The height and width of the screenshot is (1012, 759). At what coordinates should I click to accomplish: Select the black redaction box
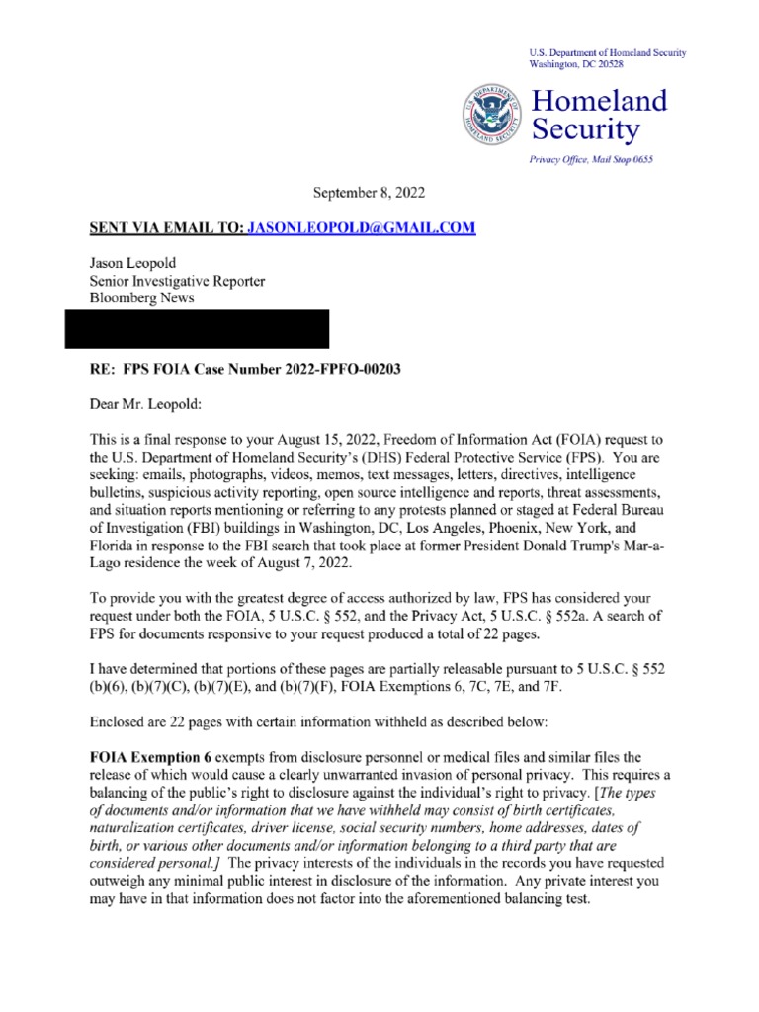197,328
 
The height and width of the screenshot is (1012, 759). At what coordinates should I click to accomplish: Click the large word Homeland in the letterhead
600,100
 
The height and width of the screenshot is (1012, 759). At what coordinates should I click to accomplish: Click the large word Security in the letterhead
586,128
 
